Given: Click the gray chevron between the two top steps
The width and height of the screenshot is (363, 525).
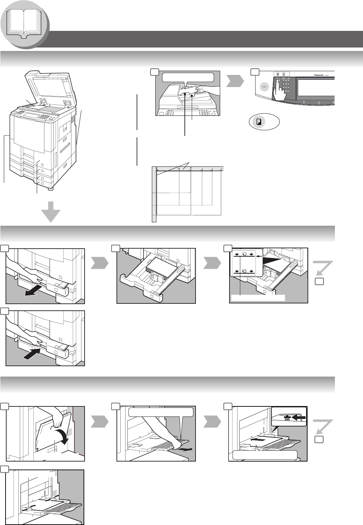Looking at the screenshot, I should pyautogui.click(x=235, y=82).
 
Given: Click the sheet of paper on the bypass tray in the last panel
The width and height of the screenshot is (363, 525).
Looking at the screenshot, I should pyautogui.click(x=49, y=506).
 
